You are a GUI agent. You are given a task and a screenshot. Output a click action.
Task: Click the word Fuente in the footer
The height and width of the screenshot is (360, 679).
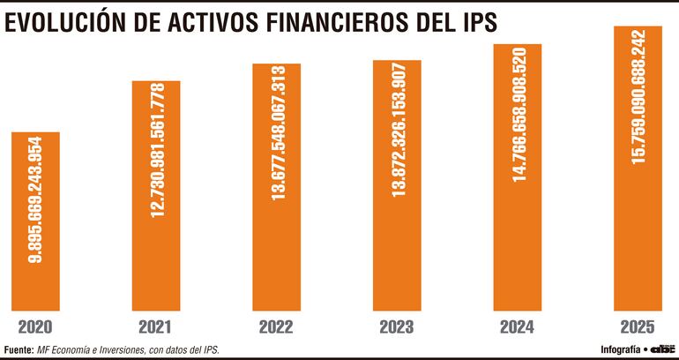[18, 349]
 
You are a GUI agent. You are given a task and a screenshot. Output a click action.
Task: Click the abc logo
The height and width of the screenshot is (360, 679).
[660, 349]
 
